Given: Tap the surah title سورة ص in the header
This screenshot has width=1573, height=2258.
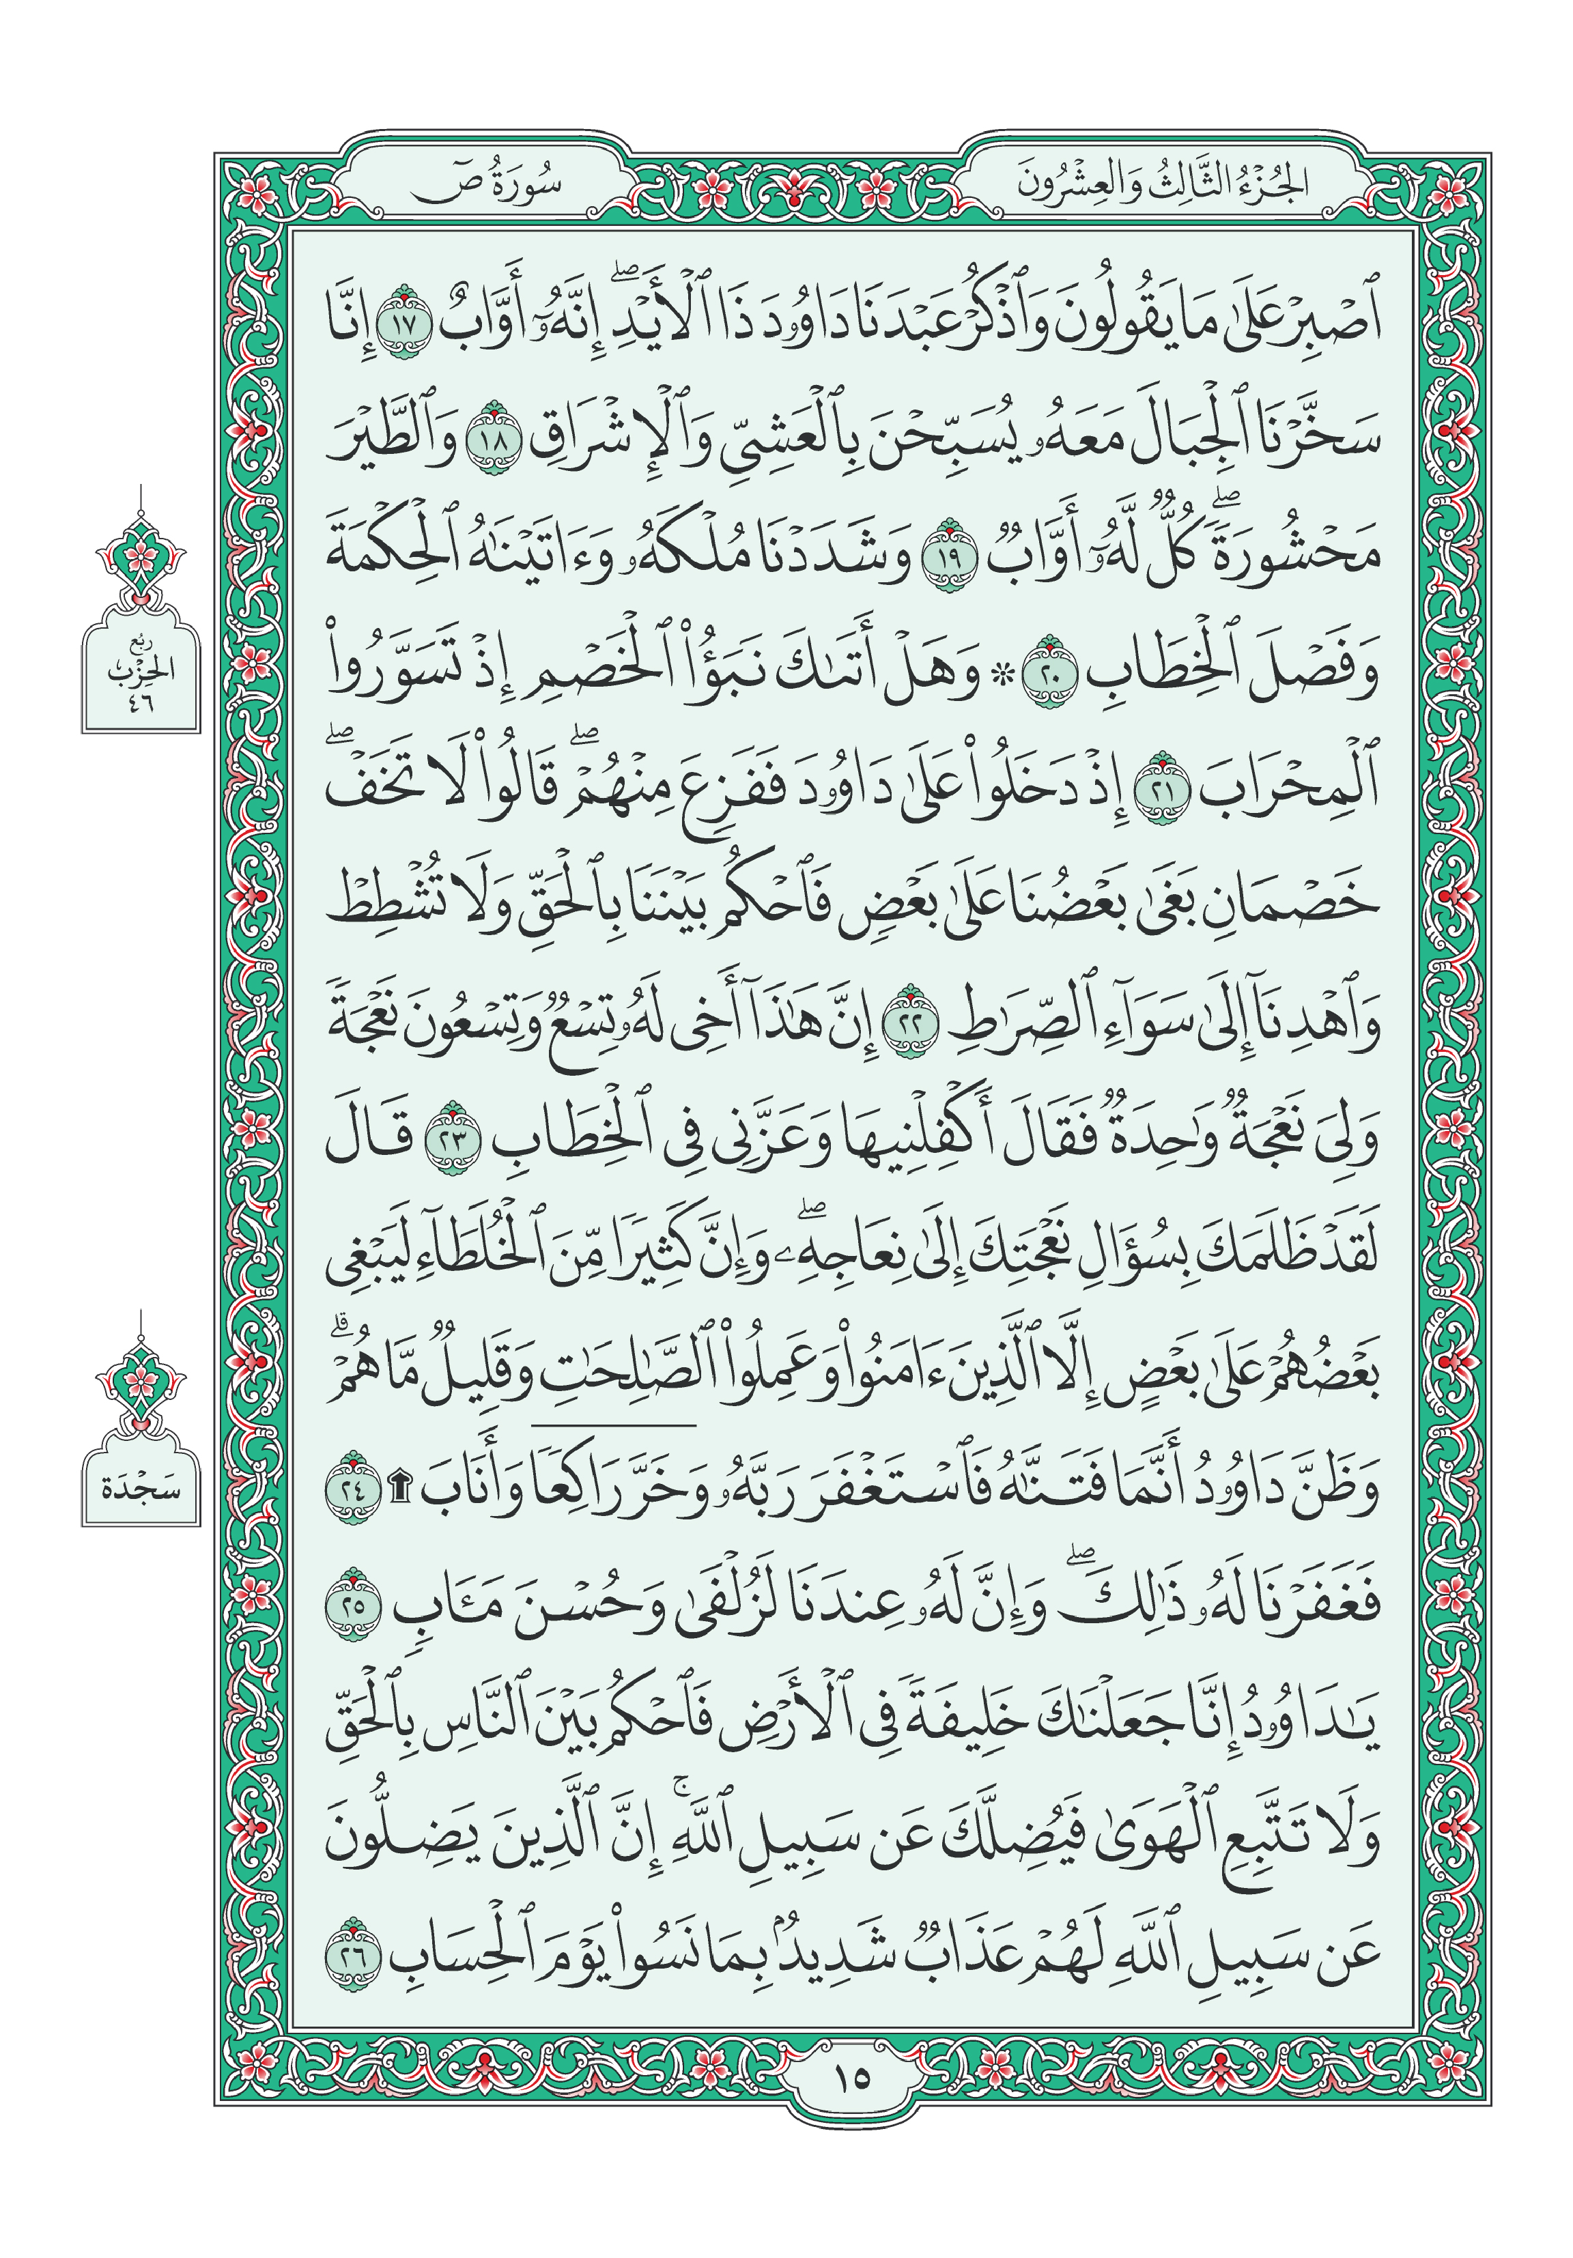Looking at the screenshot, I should coord(485,184).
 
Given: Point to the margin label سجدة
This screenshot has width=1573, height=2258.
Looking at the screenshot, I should coord(141,1489).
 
